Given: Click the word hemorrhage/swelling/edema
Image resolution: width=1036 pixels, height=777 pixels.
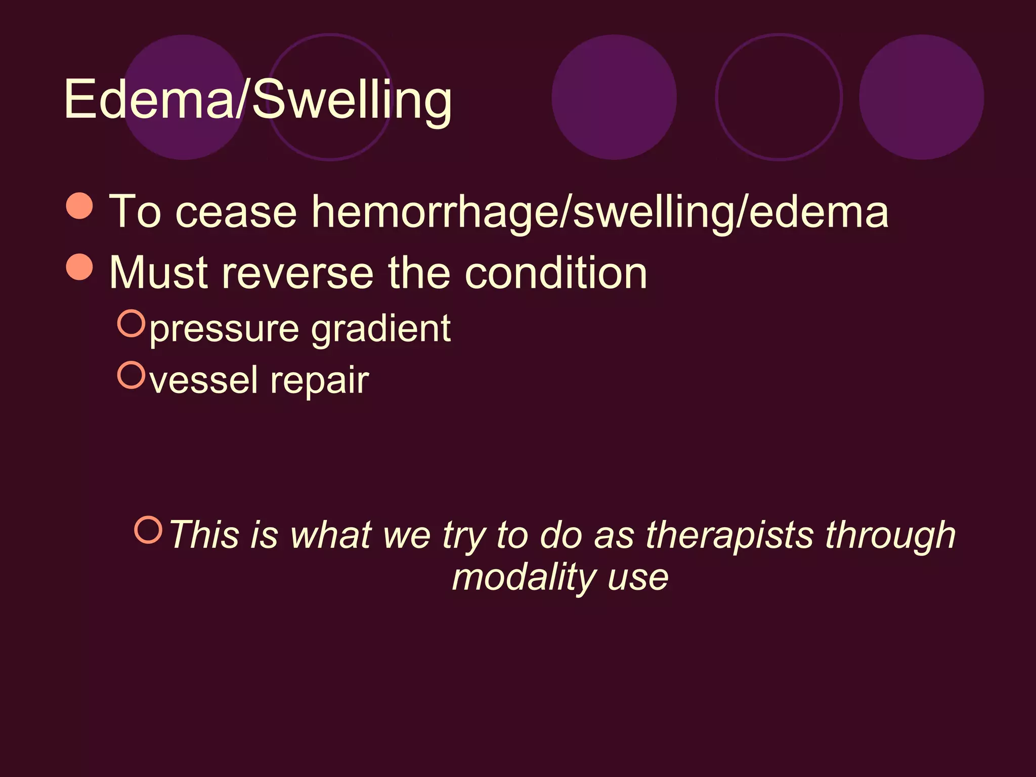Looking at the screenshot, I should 599,211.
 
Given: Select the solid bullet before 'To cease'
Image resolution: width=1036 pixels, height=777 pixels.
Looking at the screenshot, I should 80,206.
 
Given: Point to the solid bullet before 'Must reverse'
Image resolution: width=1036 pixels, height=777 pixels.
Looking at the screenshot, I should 80,267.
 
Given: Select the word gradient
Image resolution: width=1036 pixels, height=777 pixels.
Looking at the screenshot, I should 380,330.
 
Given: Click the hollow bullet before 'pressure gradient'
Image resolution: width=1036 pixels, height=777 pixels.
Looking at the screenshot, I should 132,323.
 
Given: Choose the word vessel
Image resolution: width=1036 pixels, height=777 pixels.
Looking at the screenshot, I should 204,380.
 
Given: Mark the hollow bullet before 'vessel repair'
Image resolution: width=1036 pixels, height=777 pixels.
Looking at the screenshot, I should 132,375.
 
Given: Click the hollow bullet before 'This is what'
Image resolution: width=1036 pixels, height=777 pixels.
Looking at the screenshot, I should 148,530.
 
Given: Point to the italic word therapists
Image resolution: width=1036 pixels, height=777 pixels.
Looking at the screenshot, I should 730,535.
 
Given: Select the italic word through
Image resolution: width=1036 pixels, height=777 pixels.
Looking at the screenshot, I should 890,536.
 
